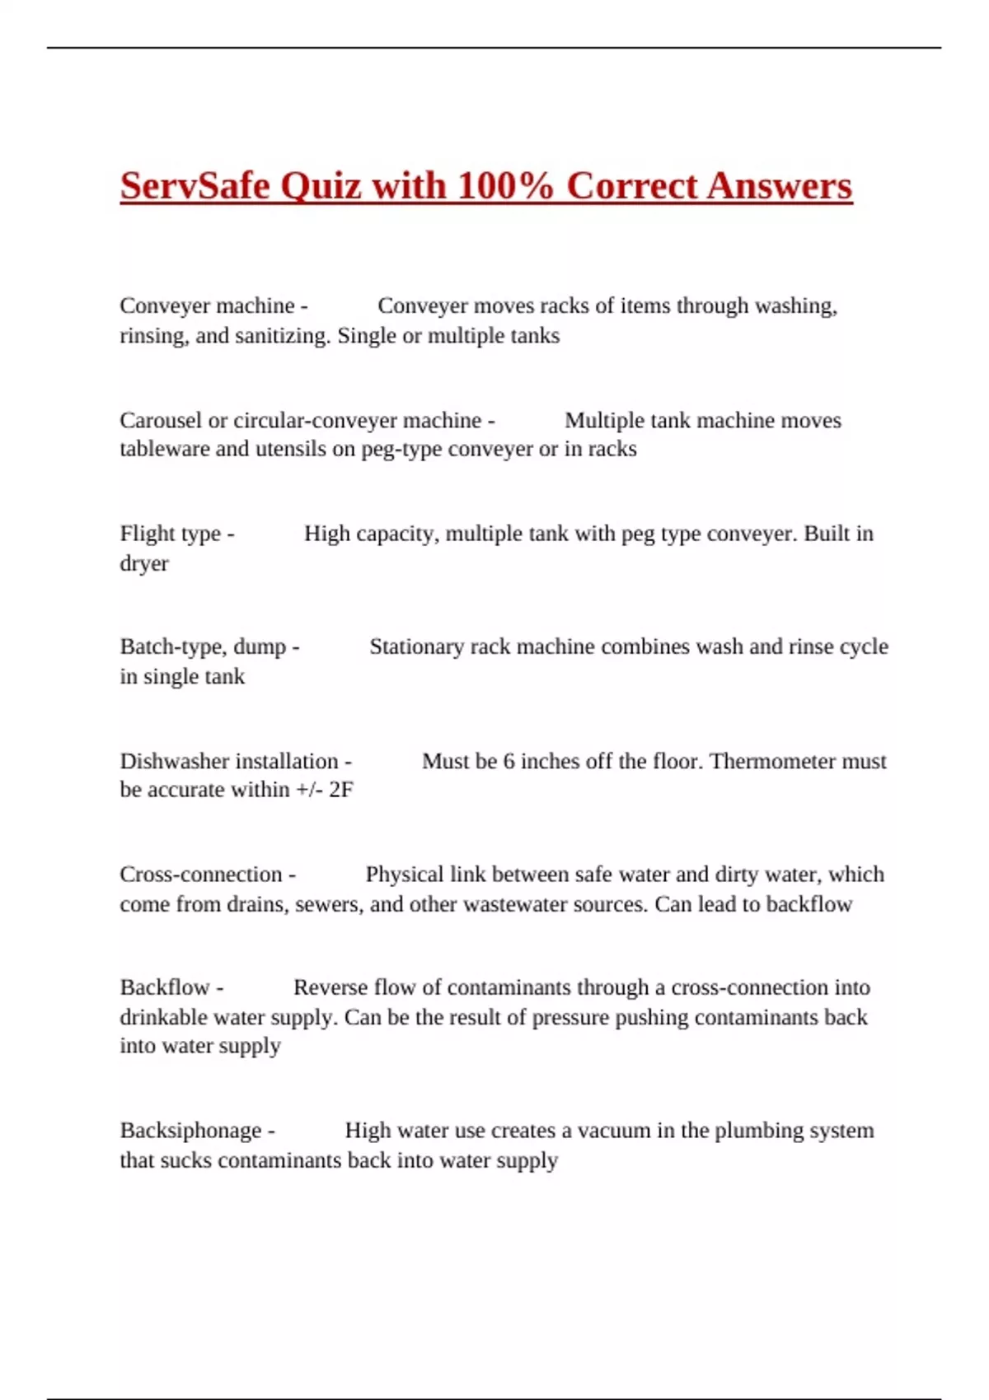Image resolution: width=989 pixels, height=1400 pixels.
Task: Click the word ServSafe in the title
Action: coord(195,185)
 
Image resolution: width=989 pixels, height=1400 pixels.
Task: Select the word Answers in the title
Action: coord(779,185)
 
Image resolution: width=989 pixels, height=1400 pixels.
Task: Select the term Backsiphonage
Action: coord(190,1131)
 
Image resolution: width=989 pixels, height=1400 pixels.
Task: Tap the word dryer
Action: coord(144,564)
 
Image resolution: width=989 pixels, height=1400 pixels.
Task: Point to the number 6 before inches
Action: coord(509,761)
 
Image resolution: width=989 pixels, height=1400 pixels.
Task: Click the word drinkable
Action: coord(164,1017)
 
